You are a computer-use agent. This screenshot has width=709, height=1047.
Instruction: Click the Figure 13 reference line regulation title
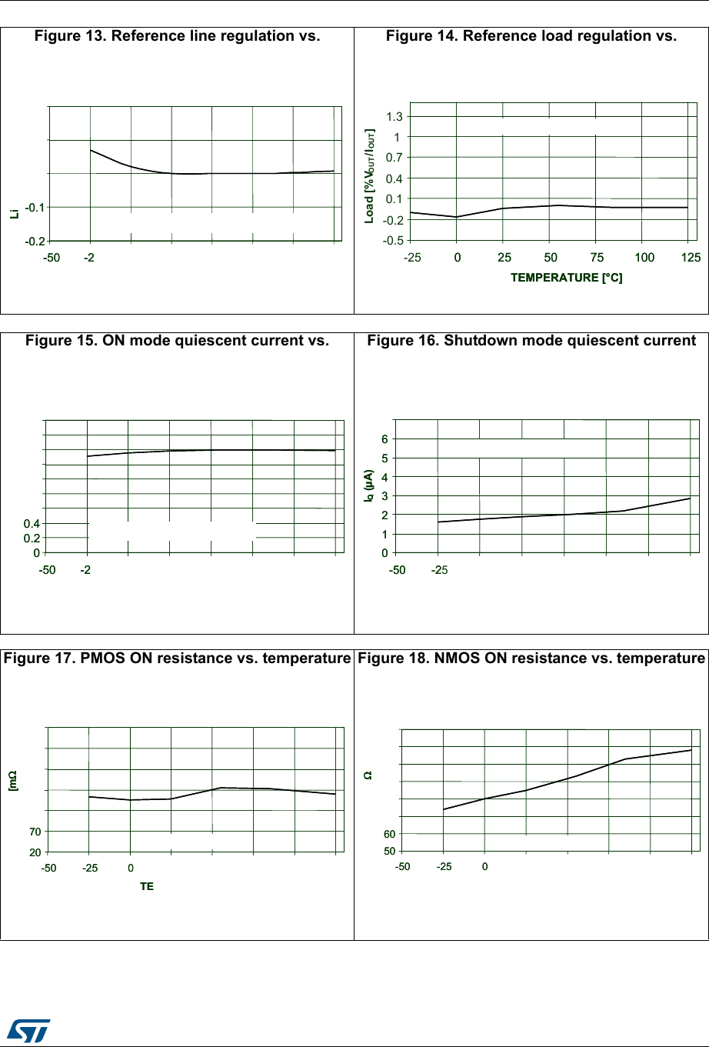[x=177, y=35]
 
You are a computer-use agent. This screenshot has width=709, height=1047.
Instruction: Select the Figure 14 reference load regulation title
[x=531, y=35]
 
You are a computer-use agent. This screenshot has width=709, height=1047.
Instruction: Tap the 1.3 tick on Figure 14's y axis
[x=394, y=117]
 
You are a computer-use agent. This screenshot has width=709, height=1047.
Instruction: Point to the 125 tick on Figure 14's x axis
[x=691, y=257]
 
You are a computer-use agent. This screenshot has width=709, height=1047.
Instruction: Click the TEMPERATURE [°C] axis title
[x=566, y=278]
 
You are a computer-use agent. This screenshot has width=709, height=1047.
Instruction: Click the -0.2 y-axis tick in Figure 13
[x=35, y=241]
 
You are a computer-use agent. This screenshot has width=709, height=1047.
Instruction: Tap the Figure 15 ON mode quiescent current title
[x=177, y=340]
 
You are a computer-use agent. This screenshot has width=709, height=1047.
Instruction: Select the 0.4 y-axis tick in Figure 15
[x=32, y=524]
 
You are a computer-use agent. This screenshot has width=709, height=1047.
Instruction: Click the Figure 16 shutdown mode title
[x=531, y=340]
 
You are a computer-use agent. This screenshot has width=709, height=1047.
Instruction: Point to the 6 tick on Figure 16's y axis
[x=385, y=439]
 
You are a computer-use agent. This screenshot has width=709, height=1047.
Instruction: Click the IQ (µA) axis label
[x=370, y=486]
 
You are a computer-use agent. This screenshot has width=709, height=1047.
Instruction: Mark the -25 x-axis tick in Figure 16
[x=439, y=570]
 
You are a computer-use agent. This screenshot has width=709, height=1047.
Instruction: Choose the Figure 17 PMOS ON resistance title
[x=177, y=658]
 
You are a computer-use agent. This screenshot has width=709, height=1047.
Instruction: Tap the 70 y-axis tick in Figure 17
[x=35, y=832]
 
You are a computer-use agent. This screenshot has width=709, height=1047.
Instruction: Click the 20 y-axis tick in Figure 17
[x=35, y=852]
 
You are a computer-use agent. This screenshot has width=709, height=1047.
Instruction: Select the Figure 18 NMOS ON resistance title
[x=531, y=658]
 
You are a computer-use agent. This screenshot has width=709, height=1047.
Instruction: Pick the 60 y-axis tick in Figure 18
[x=389, y=834]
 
